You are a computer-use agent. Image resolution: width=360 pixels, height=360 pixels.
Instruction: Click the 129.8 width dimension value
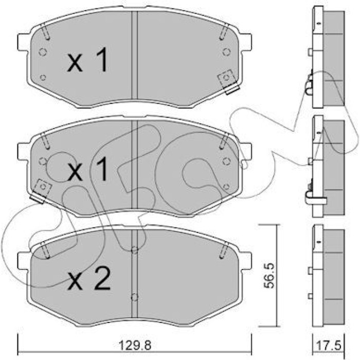[135, 345]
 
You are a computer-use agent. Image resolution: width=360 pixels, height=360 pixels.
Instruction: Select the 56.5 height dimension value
[269, 276]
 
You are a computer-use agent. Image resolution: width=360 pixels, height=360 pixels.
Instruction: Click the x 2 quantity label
[89, 279]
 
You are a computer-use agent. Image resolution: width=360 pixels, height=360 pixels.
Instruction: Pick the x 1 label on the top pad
[87, 60]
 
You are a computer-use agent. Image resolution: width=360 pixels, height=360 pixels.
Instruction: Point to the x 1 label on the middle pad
[87, 169]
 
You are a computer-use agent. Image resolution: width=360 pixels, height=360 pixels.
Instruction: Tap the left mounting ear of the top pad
[24, 43]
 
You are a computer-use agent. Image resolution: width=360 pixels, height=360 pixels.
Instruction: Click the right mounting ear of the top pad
[246, 43]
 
